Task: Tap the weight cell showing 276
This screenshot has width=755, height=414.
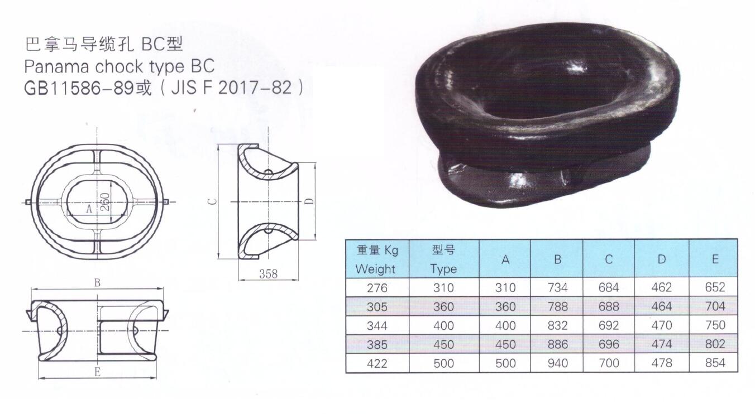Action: [x=377, y=287]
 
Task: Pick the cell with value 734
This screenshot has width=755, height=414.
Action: [x=557, y=287]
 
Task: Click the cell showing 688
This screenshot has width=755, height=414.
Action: [x=608, y=306]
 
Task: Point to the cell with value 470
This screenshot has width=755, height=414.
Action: [x=662, y=325]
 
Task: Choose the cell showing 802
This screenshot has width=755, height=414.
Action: [x=715, y=344]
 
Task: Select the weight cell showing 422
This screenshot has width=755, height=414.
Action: [x=377, y=363]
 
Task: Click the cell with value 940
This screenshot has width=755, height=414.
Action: [x=557, y=363]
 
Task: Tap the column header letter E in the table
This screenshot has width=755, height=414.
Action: [x=715, y=259]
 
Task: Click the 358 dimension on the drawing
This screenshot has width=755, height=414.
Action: [x=268, y=274]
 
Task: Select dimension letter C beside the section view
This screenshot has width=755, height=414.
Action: [x=208, y=201]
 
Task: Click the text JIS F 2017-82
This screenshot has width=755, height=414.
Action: [x=237, y=88]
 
